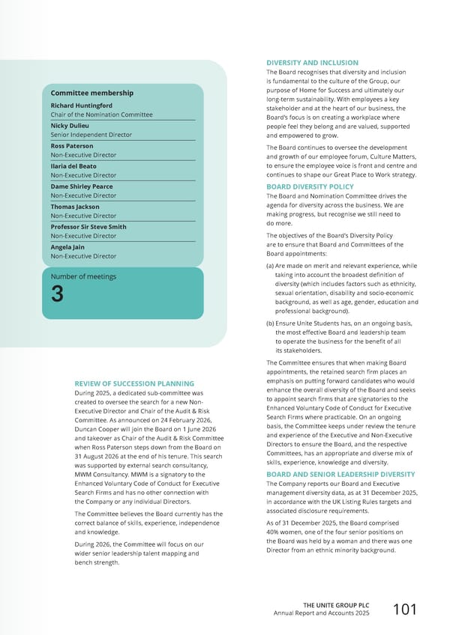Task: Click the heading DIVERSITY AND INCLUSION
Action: point(312,62)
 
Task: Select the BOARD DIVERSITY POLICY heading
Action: point(310,186)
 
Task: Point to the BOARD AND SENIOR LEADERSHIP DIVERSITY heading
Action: point(341,473)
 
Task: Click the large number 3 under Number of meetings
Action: point(58,295)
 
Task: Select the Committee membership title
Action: point(92,93)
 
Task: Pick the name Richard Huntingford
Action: point(81,106)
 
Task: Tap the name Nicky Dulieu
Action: point(70,126)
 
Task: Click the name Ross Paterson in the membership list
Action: point(72,145)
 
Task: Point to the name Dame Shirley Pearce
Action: point(82,186)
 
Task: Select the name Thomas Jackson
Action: point(75,206)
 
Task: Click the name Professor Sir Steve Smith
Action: point(88,226)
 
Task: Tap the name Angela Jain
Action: point(68,246)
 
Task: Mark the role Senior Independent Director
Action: point(91,135)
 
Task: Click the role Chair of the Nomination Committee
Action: point(101,115)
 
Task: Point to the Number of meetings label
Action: point(83,276)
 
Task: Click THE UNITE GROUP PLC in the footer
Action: point(336,604)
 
